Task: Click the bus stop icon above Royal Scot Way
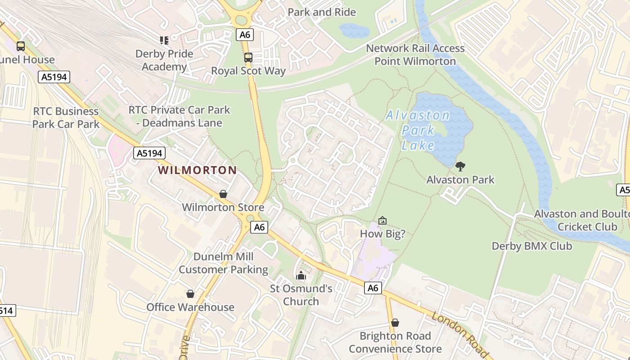248,58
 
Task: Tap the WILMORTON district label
198,170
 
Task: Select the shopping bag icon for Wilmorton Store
223,194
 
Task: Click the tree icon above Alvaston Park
460,166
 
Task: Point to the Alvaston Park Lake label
418,130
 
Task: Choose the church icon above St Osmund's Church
301,275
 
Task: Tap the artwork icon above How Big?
382,220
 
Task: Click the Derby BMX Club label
531,246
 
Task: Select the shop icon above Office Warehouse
190,294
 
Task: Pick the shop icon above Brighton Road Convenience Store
395,323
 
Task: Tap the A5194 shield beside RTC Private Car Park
149,153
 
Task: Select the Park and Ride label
322,12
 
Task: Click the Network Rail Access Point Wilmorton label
415,54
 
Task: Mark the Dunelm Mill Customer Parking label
223,263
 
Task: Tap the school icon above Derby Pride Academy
164,40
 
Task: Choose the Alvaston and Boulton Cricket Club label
581,220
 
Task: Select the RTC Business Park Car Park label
66,117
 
